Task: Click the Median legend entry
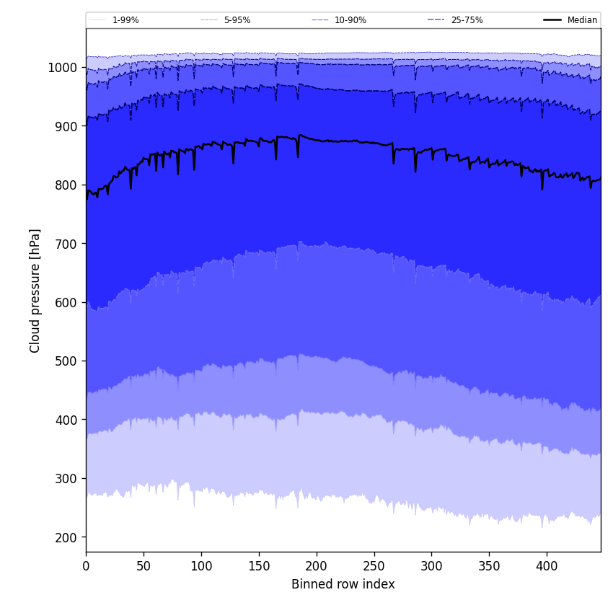(x=582, y=20)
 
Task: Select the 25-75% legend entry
(x=467, y=20)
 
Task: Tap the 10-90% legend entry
(x=350, y=20)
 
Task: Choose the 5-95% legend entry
(x=237, y=20)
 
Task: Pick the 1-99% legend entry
(x=125, y=20)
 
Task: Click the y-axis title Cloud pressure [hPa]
(x=35, y=290)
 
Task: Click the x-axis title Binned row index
(x=343, y=584)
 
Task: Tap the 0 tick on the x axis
(x=86, y=566)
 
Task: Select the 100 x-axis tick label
(x=201, y=566)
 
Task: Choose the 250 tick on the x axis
(x=374, y=566)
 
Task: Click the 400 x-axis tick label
(x=547, y=566)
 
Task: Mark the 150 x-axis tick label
(x=259, y=566)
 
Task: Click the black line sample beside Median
(x=553, y=20)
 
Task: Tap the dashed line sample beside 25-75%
(x=436, y=20)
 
